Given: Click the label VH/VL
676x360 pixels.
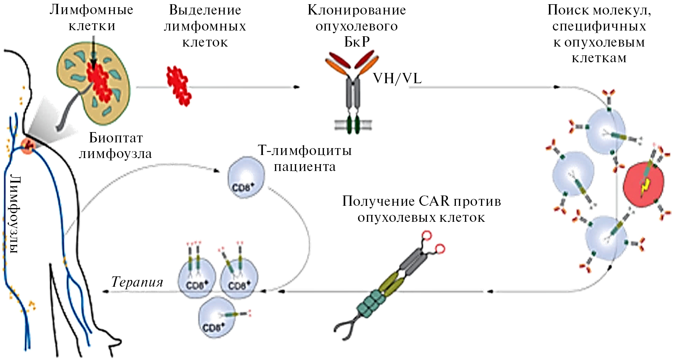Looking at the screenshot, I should point(397,79).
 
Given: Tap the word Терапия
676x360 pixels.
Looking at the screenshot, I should point(137,282).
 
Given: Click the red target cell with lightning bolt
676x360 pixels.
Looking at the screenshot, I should point(643,184).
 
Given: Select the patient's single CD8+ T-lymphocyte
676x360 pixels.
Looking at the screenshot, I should point(246,178).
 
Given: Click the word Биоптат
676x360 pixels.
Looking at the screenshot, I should point(116,138).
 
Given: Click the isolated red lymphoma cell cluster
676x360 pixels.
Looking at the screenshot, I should point(179,86).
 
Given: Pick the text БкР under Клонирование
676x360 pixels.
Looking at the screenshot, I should point(357,42).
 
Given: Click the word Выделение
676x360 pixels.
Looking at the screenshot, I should point(205,10).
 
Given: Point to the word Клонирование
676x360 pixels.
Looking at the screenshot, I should point(357,10).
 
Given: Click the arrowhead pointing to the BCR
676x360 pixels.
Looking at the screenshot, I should point(297,87).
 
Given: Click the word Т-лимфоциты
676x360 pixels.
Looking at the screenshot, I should point(304,150).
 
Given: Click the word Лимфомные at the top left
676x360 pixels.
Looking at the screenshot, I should point(92,10).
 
